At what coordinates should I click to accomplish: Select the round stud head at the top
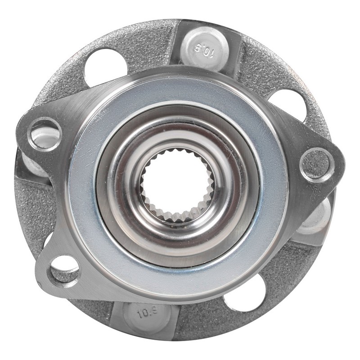[x=204, y=49]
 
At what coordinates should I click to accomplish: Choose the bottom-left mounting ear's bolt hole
[x=64, y=272]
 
